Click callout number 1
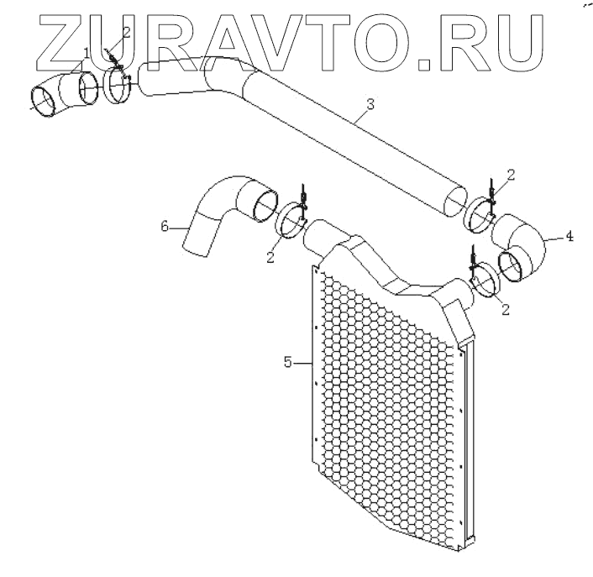pyautogui.click(x=87, y=54)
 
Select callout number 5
pyautogui.click(x=287, y=363)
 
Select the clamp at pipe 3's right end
pyautogui.click(x=482, y=214)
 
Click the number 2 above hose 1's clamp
pyautogui.click(x=126, y=32)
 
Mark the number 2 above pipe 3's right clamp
pyautogui.click(x=511, y=175)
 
